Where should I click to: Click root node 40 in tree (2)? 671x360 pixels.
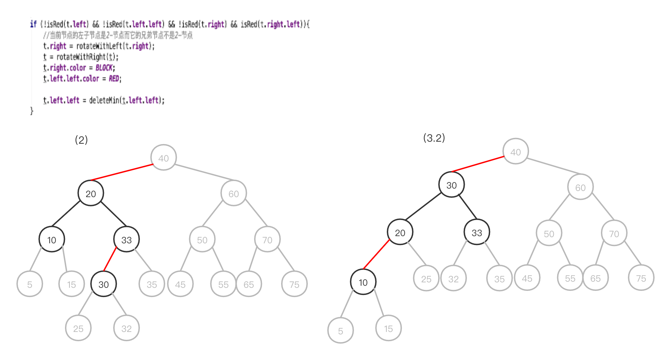pos(163,158)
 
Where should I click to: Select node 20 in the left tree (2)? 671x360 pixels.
pos(91,194)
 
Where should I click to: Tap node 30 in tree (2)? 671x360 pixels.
pos(104,284)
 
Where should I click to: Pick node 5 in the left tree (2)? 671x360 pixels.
pos(30,284)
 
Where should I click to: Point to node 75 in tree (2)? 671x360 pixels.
pos(294,284)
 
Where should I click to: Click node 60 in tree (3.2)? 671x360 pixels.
pos(580,188)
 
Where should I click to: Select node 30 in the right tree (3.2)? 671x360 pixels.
pos(451,185)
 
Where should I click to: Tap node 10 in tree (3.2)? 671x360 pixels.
pos(363,282)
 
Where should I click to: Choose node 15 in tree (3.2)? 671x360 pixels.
pos(388,329)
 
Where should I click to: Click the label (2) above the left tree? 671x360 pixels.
pos(81,140)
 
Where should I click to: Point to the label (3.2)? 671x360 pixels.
pos(434,138)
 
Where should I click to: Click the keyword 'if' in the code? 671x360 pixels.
pos(33,24)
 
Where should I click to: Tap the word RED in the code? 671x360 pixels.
pos(114,79)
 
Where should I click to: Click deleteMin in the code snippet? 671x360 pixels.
pos(104,100)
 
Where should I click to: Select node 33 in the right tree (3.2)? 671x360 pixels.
pos(477,233)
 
